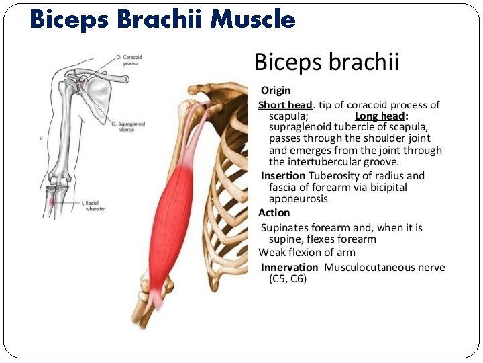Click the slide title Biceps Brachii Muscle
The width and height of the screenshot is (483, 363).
(162, 19)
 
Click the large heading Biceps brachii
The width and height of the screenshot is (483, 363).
(327, 63)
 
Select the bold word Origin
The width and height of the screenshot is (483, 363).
(276, 90)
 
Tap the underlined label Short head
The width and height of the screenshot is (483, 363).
(285, 104)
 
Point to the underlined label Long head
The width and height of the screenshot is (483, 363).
(376, 116)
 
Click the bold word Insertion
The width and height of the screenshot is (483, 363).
(282, 176)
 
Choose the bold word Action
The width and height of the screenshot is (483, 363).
(274, 213)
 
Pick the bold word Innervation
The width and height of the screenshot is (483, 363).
(289, 268)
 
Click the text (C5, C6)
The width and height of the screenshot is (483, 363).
(288, 278)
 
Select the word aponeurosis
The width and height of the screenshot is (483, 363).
(299, 199)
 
